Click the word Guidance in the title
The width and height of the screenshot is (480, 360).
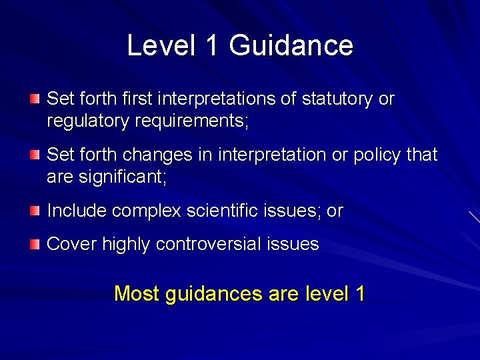[291, 45]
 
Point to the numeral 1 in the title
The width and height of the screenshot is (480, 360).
[212, 45]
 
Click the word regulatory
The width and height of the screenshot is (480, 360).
[86, 121]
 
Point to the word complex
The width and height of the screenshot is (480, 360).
[147, 211]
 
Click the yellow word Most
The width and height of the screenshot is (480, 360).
[137, 293]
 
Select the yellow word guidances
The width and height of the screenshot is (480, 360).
[210, 293]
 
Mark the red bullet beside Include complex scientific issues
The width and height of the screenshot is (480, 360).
[34, 211]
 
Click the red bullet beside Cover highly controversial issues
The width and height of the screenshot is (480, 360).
[34, 245]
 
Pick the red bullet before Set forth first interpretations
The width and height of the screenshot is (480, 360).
[34, 99]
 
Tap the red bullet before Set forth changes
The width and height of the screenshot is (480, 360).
[34, 155]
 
